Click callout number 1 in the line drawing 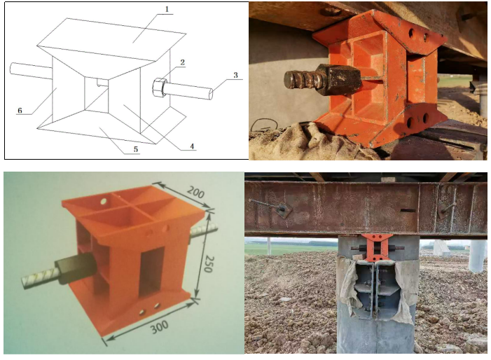click(167, 9)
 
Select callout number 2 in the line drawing click(182, 62)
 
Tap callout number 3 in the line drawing click(235, 75)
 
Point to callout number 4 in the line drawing click(192, 146)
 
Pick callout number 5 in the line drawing click(136, 149)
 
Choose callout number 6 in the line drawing click(20, 110)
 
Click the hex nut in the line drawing click(159, 88)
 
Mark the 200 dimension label click(196, 192)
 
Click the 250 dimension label click(209, 264)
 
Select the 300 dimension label click(160, 327)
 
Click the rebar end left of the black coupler click(40, 277)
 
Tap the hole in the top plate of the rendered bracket click(104, 201)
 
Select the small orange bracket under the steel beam click(375, 247)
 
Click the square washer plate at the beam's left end click(283, 210)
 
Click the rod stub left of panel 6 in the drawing click(31, 71)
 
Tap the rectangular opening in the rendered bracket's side click(152, 272)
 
